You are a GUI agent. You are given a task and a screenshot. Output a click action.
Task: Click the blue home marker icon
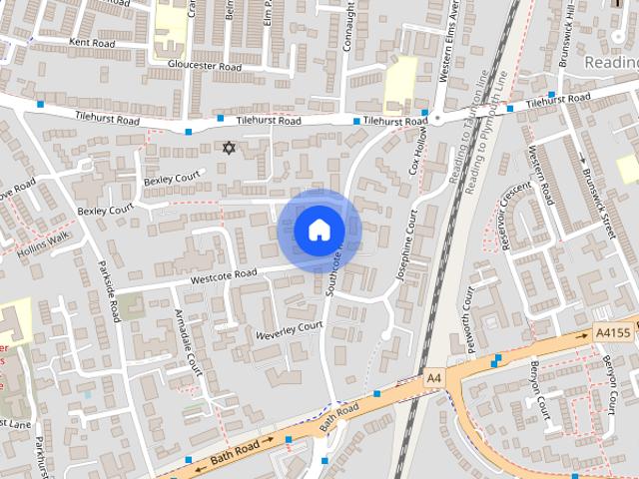(x=319, y=230)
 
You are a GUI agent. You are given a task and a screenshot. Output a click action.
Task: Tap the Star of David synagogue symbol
(x=229, y=148)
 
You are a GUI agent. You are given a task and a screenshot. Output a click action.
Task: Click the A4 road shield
(x=433, y=379)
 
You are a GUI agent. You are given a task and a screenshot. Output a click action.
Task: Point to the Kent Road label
(x=93, y=43)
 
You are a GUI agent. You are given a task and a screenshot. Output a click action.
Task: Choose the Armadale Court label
(x=188, y=342)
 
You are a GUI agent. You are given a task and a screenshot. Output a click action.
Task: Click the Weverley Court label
(x=290, y=329)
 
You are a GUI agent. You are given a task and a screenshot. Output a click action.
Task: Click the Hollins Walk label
(x=45, y=245)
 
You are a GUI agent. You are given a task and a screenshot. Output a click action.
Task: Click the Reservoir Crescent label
(x=510, y=214)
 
